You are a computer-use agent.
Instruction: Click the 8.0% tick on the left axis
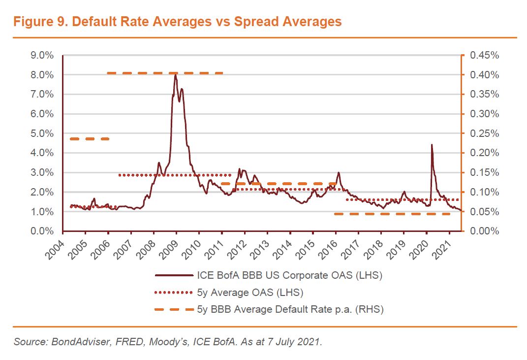pyautogui.click(x=42, y=75)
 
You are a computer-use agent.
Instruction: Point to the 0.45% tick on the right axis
pyautogui.click(x=484, y=55)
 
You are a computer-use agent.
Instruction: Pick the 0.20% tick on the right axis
pyautogui.click(x=484, y=153)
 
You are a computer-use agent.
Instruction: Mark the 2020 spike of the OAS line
pyautogui.click(x=432, y=145)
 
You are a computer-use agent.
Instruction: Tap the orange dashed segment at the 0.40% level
pyautogui.click(x=165, y=73)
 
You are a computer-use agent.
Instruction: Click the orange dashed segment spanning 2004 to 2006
pyautogui.click(x=90, y=139)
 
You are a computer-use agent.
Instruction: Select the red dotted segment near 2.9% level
pyautogui.click(x=175, y=175)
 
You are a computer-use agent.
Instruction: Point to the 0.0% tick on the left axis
pyautogui.click(x=42, y=231)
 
